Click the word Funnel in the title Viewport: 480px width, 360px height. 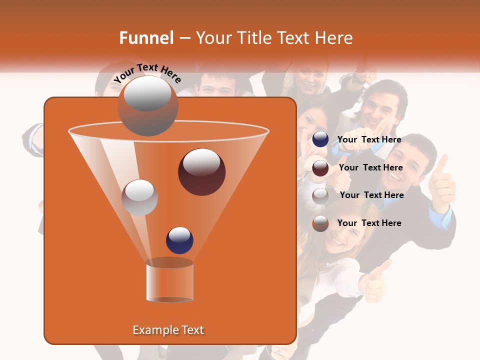pyautogui.click(x=146, y=38)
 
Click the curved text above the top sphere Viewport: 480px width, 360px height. pyautogui.click(x=147, y=73)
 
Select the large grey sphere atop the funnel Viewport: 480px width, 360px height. pyautogui.click(x=148, y=105)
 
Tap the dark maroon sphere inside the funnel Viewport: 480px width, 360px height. pyautogui.click(x=201, y=171)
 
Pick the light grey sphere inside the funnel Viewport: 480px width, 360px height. pyautogui.click(x=139, y=197)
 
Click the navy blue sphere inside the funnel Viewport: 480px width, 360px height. pyautogui.click(x=180, y=240)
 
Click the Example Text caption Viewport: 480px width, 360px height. pyautogui.click(x=168, y=330)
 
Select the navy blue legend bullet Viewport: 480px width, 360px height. pyautogui.click(x=320, y=139)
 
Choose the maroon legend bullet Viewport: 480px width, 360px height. pyautogui.click(x=320, y=167)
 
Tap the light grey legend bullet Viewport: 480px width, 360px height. pyautogui.click(x=320, y=195)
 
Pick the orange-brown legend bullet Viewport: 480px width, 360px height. pyautogui.click(x=320, y=223)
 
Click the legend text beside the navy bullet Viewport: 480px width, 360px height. pyautogui.click(x=369, y=139)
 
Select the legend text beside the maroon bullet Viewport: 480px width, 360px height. pyautogui.click(x=370, y=167)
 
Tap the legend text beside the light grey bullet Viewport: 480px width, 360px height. pyautogui.click(x=371, y=195)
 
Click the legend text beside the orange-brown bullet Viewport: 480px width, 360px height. pyautogui.click(x=369, y=223)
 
